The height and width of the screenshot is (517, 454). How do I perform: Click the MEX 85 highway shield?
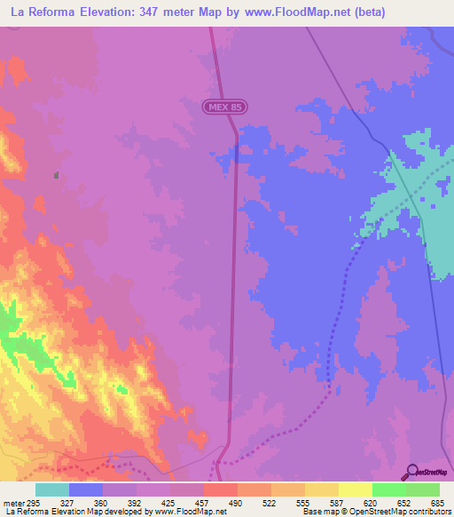[x=224, y=107]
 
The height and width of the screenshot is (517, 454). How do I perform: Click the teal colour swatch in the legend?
[x=52, y=489]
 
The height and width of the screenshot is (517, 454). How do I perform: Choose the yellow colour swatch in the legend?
[x=355, y=489]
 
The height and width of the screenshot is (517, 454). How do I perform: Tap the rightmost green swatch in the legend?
[x=422, y=489]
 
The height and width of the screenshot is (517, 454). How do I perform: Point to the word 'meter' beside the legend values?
[x=12, y=502]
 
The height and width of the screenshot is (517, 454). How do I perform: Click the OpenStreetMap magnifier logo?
[x=411, y=472]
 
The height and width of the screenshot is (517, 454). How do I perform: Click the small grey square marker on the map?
[x=57, y=175]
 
